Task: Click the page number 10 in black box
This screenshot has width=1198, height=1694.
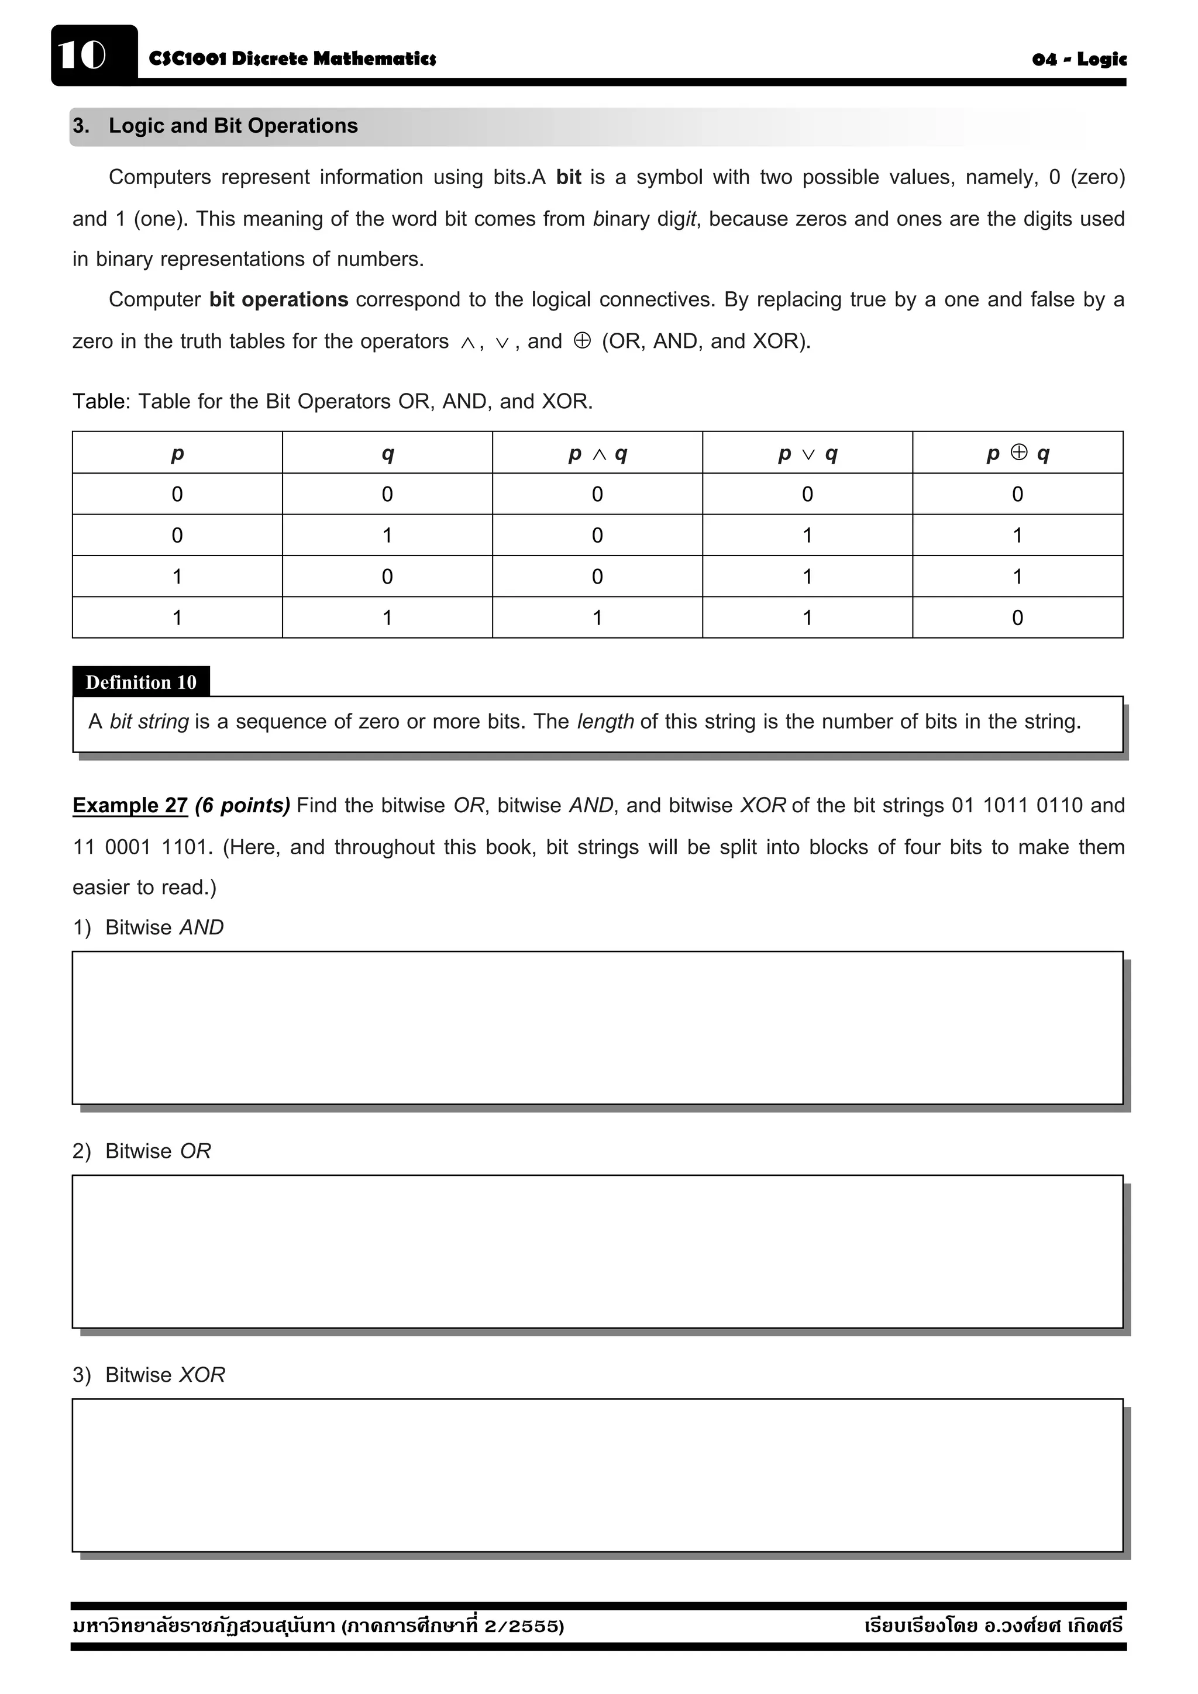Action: pos(82,56)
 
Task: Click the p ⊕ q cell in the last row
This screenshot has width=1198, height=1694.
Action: pos(1017,617)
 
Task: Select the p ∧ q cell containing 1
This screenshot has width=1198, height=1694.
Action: pos(597,617)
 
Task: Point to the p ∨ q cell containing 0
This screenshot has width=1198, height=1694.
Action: pos(807,494)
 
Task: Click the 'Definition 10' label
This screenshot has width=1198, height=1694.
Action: pos(141,682)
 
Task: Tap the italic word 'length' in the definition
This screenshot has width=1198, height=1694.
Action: pos(605,722)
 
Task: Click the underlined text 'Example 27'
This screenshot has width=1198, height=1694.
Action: pos(130,805)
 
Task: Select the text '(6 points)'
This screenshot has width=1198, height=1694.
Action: pos(242,805)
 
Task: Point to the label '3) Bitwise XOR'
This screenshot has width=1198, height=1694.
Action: pos(149,1375)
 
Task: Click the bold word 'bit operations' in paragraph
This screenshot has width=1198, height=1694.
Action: pos(278,299)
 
